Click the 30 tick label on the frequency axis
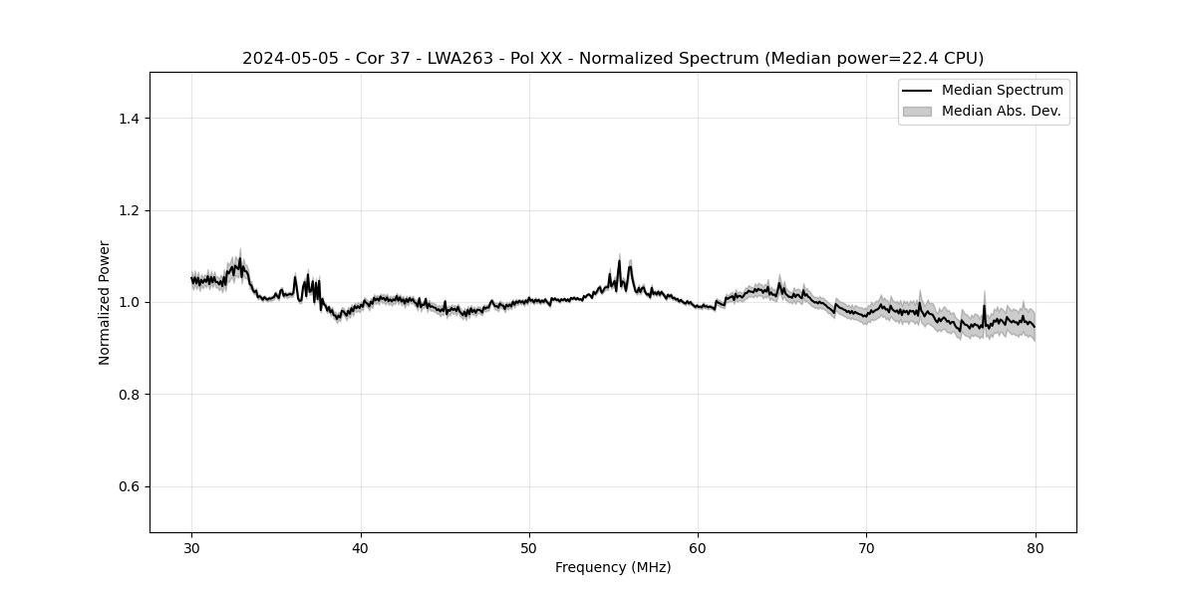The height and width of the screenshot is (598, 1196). click(192, 548)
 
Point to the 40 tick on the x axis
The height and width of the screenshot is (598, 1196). click(361, 533)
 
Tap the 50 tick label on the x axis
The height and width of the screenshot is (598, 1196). click(529, 548)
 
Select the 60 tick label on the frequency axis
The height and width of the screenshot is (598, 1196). click(698, 548)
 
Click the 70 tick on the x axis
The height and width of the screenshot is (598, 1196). click(867, 533)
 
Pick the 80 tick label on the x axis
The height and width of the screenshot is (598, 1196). click(1036, 548)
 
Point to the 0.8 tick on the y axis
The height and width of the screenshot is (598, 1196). click(150, 395)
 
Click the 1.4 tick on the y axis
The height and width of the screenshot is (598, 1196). click(150, 119)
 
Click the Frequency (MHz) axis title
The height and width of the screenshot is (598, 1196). click(613, 567)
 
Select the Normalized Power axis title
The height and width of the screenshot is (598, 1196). click(105, 302)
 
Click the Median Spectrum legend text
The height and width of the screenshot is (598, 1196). click(1002, 91)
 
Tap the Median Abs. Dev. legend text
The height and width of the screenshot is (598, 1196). click(1001, 111)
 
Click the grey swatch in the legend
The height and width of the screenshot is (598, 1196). click(916, 111)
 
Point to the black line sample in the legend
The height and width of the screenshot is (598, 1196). click(916, 91)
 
